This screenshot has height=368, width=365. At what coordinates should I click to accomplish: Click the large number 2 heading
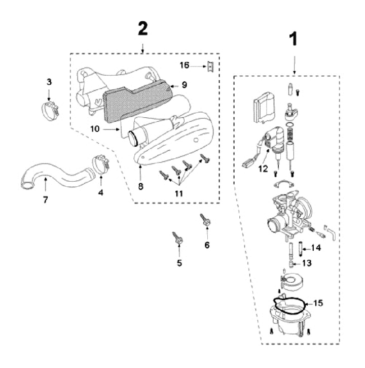pos(143,29)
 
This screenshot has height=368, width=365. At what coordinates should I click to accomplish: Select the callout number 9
pos(185,85)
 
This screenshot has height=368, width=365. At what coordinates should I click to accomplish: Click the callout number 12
pos(262,169)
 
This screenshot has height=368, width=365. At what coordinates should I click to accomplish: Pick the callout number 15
pos(318,304)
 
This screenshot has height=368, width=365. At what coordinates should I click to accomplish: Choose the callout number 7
pos(45,200)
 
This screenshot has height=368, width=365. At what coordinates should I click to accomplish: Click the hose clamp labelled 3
pos(50,108)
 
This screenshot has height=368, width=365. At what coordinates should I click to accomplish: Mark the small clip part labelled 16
pos(207,65)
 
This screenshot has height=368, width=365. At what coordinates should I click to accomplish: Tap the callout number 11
pos(179,193)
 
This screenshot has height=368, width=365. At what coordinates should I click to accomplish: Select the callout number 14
pos(316,248)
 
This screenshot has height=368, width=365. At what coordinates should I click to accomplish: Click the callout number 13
pos(306,263)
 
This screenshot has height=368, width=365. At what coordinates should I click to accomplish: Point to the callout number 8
pos(140,186)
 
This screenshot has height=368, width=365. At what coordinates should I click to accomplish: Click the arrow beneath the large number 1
pos(295,63)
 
